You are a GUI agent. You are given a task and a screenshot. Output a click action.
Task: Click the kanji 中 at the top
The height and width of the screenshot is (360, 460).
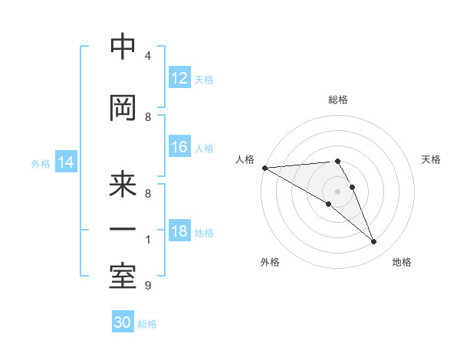coord(123,47)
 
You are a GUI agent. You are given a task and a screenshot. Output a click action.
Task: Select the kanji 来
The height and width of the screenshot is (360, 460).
coord(123,185)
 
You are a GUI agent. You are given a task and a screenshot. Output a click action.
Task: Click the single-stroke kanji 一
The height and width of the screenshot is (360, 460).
coord(123,230)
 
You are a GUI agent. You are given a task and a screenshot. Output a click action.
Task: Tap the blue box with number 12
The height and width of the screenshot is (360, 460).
coord(179,78)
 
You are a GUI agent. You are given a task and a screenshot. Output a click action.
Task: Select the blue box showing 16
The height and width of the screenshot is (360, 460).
coord(179,147)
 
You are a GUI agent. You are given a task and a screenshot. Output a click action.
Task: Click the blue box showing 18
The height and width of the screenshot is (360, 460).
coord(179,232)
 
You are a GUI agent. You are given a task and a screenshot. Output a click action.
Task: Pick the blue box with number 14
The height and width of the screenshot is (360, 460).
coord(66,162)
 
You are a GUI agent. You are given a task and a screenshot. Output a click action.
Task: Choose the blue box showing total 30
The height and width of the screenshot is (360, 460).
coord(123,322)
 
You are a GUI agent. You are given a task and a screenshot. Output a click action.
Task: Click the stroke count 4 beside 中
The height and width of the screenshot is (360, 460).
coord(148,56)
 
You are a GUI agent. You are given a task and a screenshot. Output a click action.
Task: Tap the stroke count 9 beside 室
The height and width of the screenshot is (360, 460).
coord(148,286)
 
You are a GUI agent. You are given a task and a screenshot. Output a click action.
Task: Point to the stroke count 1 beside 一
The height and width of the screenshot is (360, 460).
coord(148,240)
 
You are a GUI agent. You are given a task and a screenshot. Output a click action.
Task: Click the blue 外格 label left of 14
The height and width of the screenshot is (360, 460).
coord(41,163)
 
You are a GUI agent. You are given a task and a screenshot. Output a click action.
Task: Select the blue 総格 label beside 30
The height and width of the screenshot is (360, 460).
coord(147,324)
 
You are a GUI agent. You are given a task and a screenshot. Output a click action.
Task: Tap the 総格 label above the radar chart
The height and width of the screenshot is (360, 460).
coord(337,100)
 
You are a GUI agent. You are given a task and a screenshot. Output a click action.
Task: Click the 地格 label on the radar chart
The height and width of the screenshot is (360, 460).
coord(402,263)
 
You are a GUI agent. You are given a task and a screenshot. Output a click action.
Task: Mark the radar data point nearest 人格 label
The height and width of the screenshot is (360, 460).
coord(264,168)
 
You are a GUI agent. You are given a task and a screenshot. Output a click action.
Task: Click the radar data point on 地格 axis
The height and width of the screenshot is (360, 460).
coord(373,242)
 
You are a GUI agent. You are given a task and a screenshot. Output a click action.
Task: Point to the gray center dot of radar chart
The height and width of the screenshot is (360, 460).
coord(337,191)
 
